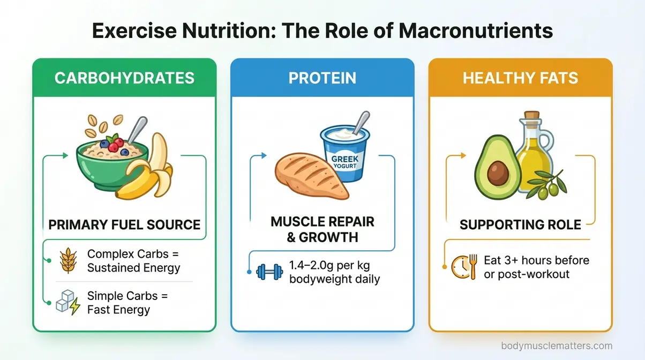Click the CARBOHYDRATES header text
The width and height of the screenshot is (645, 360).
pyautogui.click(x=124, y=78)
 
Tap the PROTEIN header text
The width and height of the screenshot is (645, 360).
pyautogui.click(x=322, y=78)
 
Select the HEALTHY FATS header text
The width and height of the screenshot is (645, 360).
pyautogui.click(x=520, y=78)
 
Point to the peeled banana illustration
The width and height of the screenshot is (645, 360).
pyautogui.click(x=145, y=171)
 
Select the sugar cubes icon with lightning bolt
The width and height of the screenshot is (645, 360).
pyautogui.click(x=67, y=303)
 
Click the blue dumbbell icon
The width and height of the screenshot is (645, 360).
pyautogui.click(x=268, y=272)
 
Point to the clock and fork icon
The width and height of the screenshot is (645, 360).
pyautogui.click(x=464, y=266)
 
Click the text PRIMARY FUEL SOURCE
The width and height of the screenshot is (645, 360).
pyautogui.click(x=124, y=224)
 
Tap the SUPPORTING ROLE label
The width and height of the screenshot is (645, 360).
pyautogui.click(x=520, y=224)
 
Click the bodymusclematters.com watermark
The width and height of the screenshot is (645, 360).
pyautogui.click(x=557, y=346)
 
